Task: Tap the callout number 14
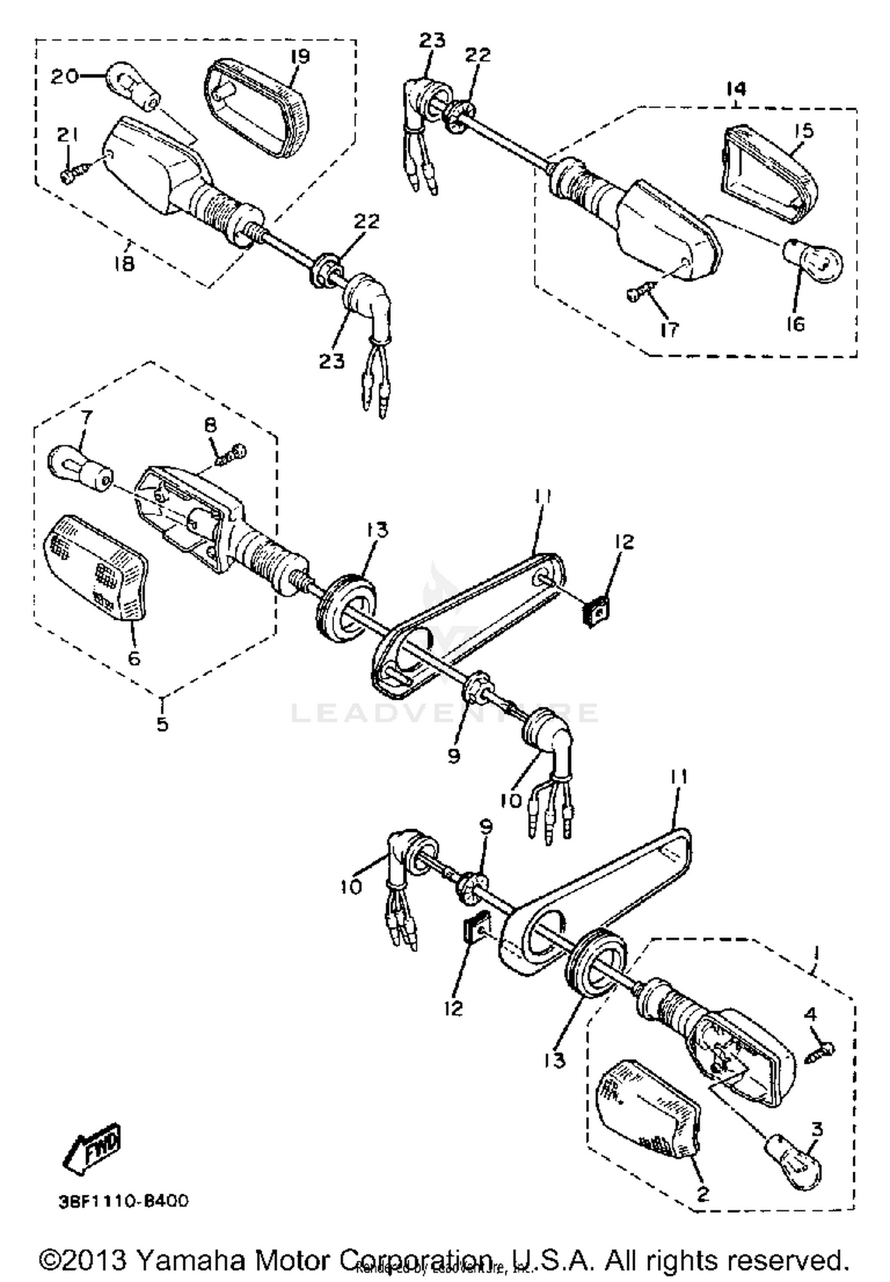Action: point(736,89)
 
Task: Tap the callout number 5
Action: point(162,723)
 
